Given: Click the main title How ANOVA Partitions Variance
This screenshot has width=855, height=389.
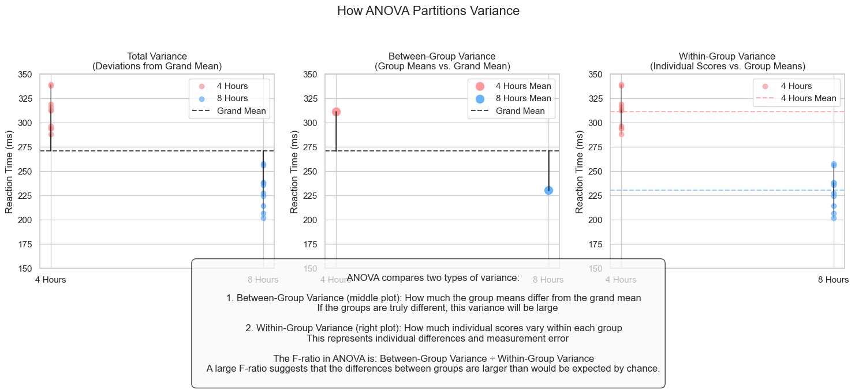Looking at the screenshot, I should (428, 11).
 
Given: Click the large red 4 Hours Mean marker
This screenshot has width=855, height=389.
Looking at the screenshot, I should (336, 112).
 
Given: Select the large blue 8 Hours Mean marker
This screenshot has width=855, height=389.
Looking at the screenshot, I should (548, 190).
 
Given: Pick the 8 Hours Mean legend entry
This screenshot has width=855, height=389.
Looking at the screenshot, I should (522, 98).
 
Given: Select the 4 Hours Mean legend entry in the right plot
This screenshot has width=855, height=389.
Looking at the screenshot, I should (808, 98).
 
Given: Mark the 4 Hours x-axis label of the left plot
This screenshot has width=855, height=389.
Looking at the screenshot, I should (51, 280).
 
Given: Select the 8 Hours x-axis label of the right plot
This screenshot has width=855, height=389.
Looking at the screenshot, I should (834, 280).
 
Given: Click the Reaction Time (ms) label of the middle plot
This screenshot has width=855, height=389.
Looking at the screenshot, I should (294, 172).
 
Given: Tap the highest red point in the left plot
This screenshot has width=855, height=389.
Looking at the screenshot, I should (51, 85).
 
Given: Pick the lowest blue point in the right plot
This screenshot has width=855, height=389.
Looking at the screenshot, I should (834, 218).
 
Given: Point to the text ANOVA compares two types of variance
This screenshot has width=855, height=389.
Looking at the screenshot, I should (433, 278).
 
